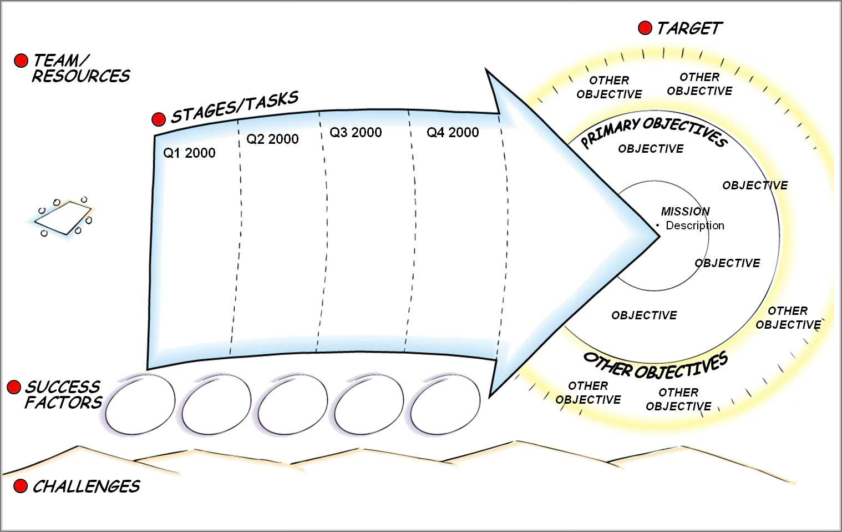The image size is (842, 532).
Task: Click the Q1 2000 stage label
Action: point(189,153)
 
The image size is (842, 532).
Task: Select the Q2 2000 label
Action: point(272,139)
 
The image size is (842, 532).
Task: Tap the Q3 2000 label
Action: point(356,133)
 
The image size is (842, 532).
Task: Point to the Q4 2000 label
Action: point(453,133)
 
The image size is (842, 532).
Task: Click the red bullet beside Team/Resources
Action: point(21,61)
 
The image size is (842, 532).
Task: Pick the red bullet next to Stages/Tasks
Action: point(159,119)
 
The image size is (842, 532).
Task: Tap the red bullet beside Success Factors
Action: point(14,388)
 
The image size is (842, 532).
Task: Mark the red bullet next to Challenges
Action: point(21,486)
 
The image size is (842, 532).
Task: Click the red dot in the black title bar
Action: point(645,28)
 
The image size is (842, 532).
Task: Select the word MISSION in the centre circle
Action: point(685,212)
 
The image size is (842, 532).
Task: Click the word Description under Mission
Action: point(695,225)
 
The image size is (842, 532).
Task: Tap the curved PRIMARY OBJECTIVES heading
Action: point(653,131)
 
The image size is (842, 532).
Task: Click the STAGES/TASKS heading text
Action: point(235,107)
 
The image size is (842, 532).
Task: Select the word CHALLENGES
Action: point(86,486)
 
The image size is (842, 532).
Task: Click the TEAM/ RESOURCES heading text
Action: point(80,68)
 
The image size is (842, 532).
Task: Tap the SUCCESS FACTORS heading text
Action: point(63,395)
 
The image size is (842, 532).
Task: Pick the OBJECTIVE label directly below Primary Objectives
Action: point(651,149)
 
